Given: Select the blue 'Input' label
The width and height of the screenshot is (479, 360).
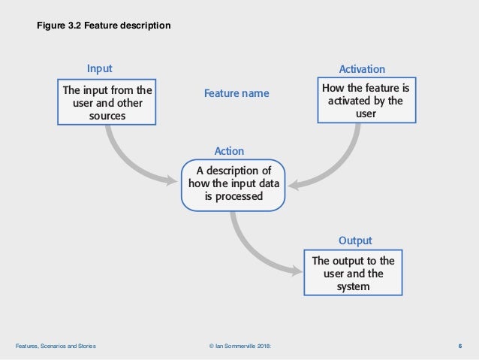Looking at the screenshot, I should coord(100,68).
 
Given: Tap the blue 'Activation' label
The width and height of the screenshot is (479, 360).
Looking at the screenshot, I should coord(362,68).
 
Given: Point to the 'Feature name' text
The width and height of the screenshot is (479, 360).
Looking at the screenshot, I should coord(236,94).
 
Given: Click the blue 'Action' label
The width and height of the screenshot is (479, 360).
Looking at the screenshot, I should coord(229,151).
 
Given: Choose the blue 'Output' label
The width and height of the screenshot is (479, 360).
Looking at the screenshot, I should coord(355,241).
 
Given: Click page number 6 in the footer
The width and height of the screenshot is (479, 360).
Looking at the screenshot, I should coord(459,346).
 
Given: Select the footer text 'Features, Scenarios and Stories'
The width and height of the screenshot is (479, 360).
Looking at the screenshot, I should coord(56,346).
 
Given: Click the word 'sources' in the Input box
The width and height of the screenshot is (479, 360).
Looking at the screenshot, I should coord(107,116).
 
